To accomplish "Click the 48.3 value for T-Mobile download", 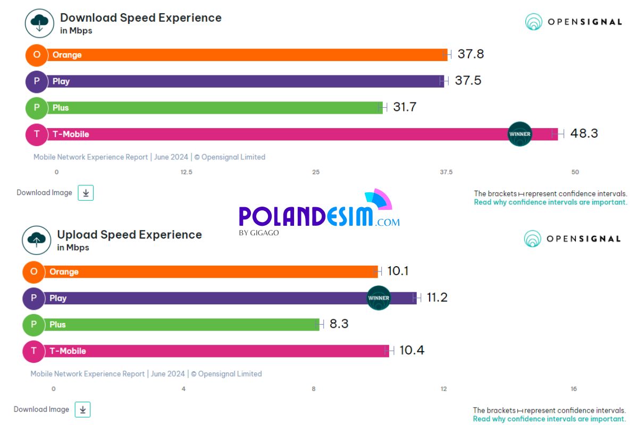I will [584, 133].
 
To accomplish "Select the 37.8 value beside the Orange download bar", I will [471, 54].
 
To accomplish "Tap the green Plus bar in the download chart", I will [213, 108].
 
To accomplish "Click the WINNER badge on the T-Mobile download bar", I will [519, 134].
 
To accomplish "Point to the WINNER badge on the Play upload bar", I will [379, 298].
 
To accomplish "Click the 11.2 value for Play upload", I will [437, 297].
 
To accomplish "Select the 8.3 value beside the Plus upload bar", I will [339, 324].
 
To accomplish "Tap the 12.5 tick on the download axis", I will [186, 172].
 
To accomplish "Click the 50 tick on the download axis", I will [575, 172].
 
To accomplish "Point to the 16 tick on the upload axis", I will [574, 389].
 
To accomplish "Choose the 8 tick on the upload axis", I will [314, 389].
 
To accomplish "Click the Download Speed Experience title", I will [140, 18].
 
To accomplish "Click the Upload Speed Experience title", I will [129, 235].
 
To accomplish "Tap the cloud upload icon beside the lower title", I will [36, 240].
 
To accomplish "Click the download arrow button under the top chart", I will [86, 193].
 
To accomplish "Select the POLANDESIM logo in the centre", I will [319, 215].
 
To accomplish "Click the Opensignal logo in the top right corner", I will [573, 22].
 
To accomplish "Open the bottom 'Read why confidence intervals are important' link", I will [549, 419].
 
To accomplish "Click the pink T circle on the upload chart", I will [33, 351].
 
